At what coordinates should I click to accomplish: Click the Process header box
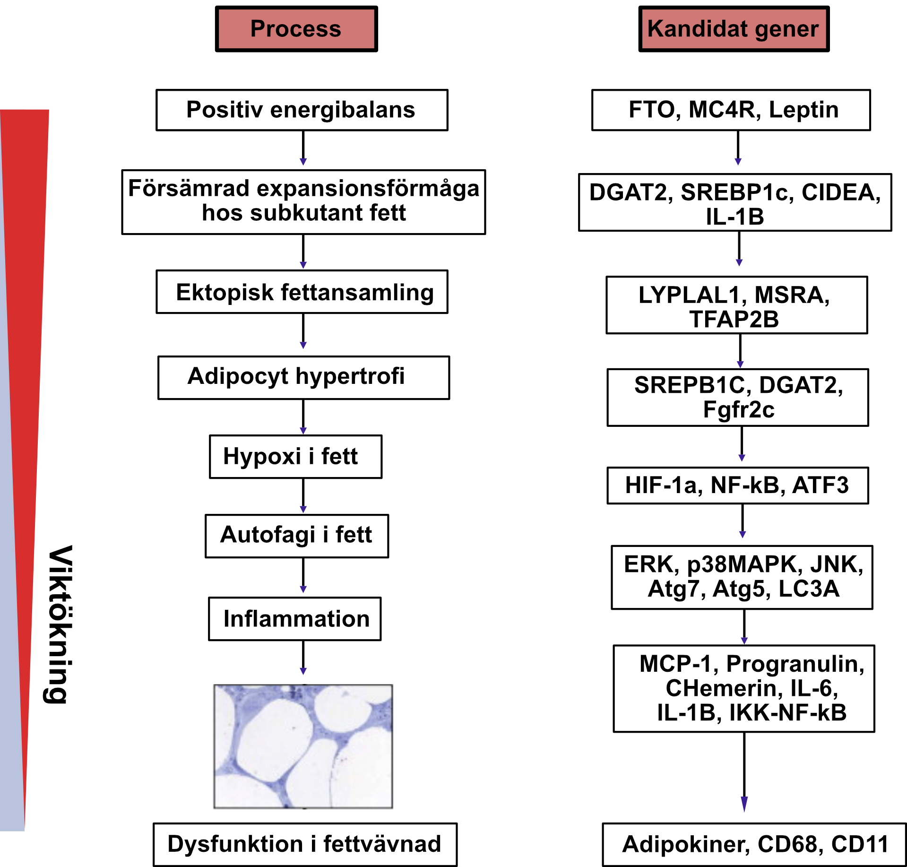pyautogui.click(x=296, y=29)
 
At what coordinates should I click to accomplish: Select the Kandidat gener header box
pyautogui.click(x=734, y=29)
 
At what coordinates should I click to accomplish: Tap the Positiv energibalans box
pyautogui.click(x=302, y=110)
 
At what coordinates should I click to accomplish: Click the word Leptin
pyautogui.click(x=803, y=110)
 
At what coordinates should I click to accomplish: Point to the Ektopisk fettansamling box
pyautogui.click(x=302, y=292)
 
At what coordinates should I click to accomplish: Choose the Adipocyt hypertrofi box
pyautogui.click(x=303, y=378)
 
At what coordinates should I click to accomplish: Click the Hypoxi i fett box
pyautogui.click(x=295, y=457)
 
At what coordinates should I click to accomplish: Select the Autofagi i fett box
pyautogui.click(x=296, y=536)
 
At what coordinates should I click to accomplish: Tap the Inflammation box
pyautogui.click(x=295, y=619)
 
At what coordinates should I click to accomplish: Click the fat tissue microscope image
pyautogui.click(x=303, y=746)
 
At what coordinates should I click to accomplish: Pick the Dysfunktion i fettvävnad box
pyautogui.click(x=305, y=844)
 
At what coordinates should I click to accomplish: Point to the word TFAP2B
pyautogui.click(x=734, y=320)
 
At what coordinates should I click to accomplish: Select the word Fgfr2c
pyautogui.click(x=738, y=410)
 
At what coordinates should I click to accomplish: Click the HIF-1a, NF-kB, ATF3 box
pyautogui.click(x=737, y=486)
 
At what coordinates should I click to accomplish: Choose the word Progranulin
pyautogui.click(x=795, y=664)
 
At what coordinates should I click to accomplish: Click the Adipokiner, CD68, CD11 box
pyautogui.click(x=754, y=844)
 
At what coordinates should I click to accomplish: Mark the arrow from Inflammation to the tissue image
pyautogui.click(x=303, y=657)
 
